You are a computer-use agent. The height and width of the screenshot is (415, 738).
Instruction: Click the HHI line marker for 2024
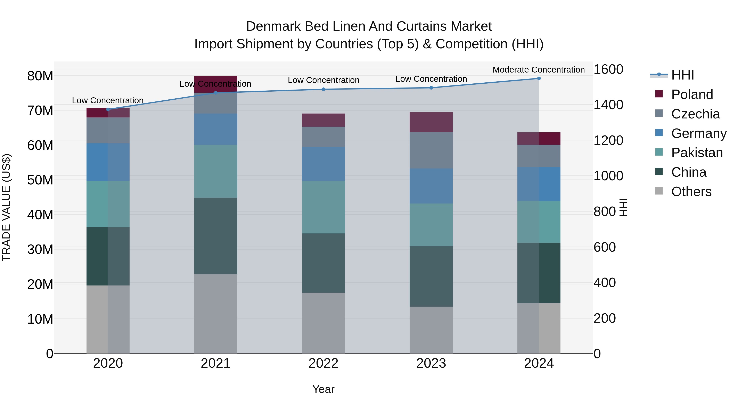pyautogui.click(x=539, y=78)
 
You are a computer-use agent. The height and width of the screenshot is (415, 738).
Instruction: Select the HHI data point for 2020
pyautogui.click(x=108, y=109)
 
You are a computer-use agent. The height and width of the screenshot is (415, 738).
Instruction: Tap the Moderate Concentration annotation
pyautogui.click(x=539, y=70)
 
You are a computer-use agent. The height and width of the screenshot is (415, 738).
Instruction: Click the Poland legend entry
pyautogui.click(x=692, y=94)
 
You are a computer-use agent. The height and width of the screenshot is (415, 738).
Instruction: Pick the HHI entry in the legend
pyautogui.click(x=682, y=75)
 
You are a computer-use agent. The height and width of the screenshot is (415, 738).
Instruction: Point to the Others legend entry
pyautogui.click(x=691, y=192)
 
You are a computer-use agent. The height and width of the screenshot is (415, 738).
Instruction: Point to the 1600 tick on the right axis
pyautogui.click(x=608, y=69)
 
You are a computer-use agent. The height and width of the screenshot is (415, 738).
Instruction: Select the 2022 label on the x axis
pyautogui.click(x=323, y=363)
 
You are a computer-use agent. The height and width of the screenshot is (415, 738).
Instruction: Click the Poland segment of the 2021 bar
pyautogui.click(x=216, y=84)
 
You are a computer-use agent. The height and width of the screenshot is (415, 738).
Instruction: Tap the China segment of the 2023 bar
pyautogui.click(x=431, y=276)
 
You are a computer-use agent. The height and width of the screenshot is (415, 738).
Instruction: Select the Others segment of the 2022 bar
pyautogui.click(x=323, y=323)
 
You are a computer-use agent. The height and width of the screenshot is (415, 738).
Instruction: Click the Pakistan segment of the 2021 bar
pyautogui.click(x=216, y=171)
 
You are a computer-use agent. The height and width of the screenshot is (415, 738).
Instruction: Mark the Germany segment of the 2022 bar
pyautogui.click(x=323, y=164)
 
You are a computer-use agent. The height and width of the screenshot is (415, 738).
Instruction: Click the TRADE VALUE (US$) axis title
pyautogui.click(x=6, y=207)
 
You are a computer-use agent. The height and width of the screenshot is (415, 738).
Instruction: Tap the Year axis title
pyautogui.click(x=323, y=389)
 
